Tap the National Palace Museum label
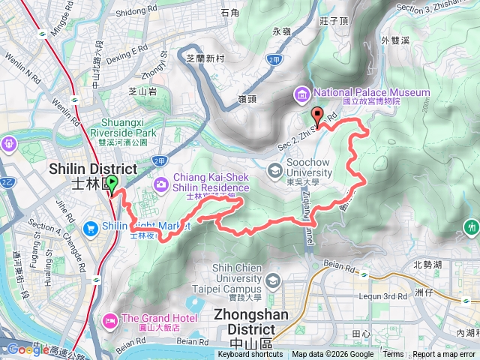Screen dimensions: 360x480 pyautogui.click(x=371, y=92)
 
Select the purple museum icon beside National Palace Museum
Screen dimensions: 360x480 pyautogui.click(x=301, y=93)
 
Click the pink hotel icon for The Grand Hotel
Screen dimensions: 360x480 pyautogui.click(x=109, y=320)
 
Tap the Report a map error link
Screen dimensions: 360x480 pyautogui.click(x=445, y=355)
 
